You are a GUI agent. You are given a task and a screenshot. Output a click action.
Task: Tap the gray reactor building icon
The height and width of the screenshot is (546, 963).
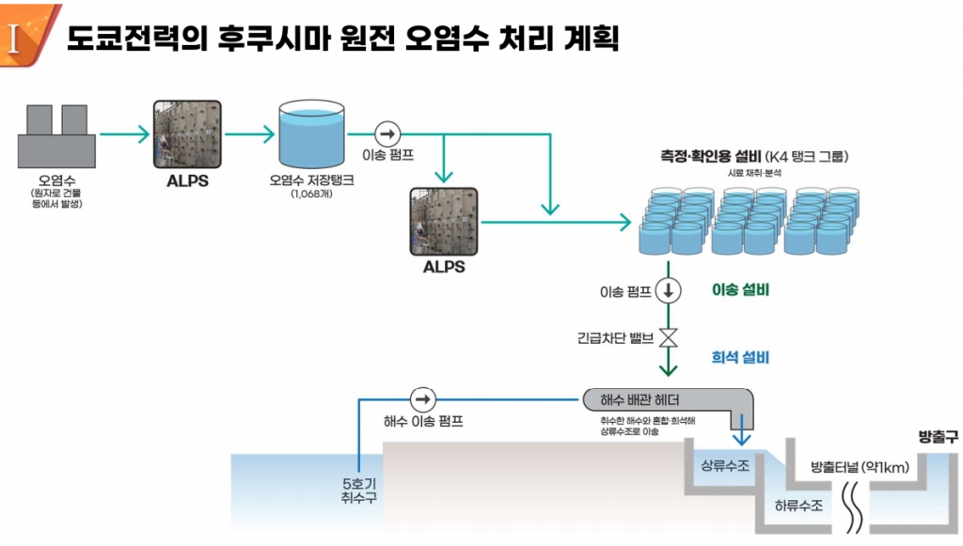coord(56,134)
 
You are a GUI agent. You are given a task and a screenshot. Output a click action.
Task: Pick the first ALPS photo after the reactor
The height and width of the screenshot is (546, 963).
coord(187,135)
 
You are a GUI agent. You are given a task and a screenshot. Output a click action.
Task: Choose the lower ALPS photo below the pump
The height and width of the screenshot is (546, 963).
coord(444,222)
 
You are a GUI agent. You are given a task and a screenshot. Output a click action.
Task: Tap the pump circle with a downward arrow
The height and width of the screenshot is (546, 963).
coord(668,290)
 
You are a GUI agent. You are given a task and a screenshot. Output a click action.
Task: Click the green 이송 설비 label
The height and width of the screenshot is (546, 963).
coord(740,290)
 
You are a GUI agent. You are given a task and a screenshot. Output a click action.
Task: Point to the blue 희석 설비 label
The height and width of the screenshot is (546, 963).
coord(740,358)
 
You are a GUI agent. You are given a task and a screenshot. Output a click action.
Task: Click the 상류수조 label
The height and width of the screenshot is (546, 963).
coord(725,467)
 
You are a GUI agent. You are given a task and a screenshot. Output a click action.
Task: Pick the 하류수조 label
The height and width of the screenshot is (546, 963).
coord(798,506)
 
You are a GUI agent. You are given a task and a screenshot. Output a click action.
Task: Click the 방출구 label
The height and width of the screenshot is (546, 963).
coord(937,437)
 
